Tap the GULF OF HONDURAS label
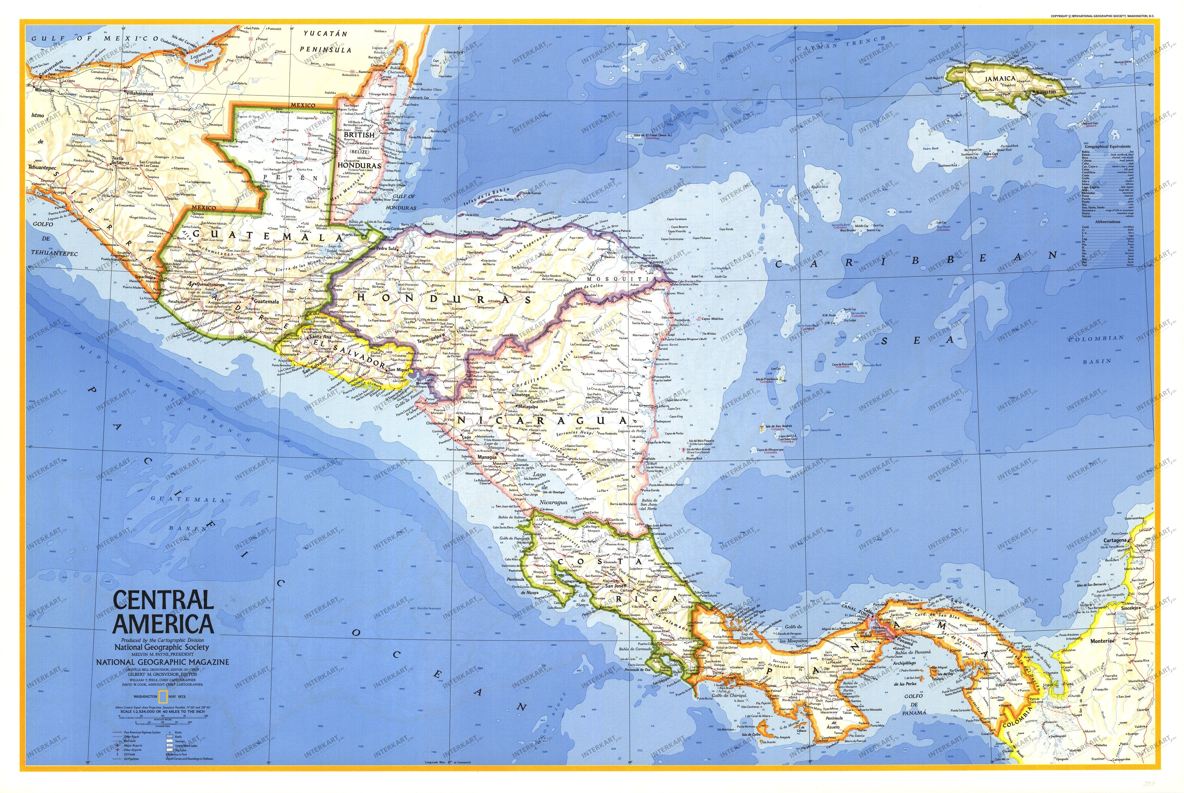pyautogui.click(x=399, y=202)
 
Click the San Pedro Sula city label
pyautogui.click(x=384, y=248)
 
